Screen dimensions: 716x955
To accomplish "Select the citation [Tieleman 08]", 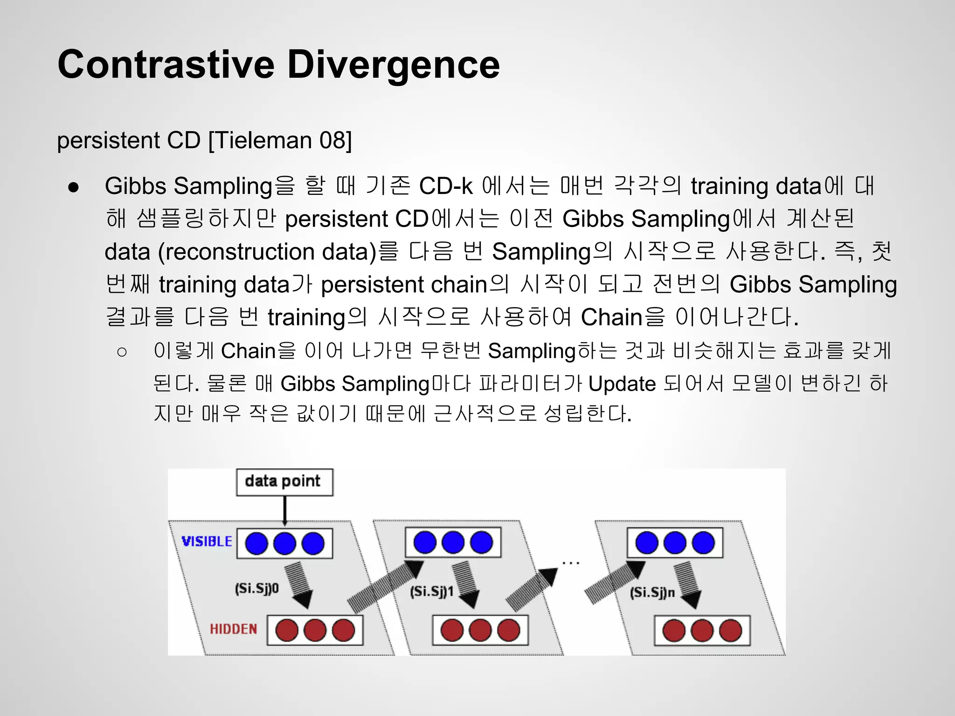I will pos(280,140).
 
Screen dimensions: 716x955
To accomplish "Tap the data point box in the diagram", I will pos(284,482).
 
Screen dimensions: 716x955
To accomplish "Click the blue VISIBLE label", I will pos(207,541).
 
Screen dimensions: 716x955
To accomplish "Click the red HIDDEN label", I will pos(233,629).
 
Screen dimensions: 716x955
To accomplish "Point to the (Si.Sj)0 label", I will pos(257,589).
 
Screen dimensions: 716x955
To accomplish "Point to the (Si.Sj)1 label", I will pos(431,592).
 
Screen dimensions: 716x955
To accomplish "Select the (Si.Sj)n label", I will pos(652,593).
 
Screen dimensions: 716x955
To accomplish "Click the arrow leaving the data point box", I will pos(285,510).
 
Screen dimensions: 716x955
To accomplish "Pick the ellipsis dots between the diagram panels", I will pos(570,563).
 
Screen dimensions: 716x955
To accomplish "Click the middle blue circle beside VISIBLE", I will pos(284,544).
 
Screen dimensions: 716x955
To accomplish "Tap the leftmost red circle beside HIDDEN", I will pos(287,630).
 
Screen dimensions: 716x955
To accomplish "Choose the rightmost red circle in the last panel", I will pos(730,631).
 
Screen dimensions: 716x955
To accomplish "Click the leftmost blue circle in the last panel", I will pos(646,543).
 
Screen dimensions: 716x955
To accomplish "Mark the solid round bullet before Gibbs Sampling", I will pos(74,187).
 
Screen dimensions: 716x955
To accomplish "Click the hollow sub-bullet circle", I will pos(122,352).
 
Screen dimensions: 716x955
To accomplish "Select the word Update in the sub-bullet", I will pos(622,384).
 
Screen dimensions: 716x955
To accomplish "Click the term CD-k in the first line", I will pos(446,186).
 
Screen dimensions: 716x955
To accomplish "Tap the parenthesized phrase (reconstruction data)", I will pos(267,252).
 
